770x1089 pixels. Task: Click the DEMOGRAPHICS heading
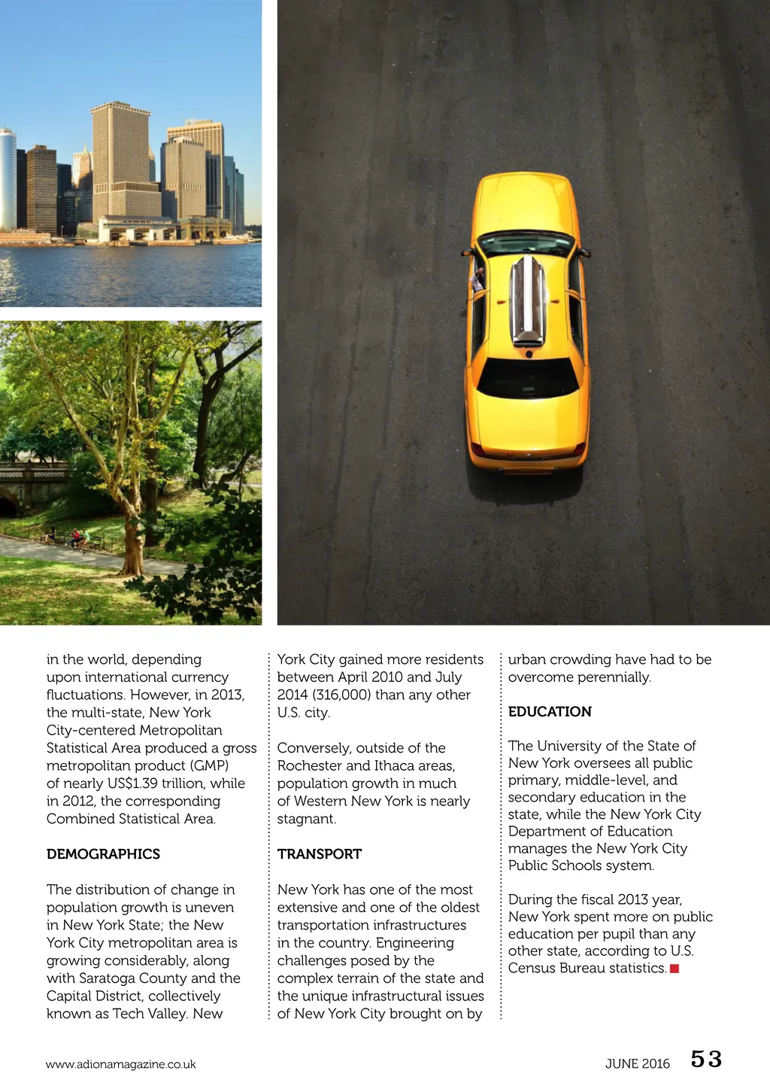tap(103, 854)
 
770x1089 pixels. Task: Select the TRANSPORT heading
tap(319, 854)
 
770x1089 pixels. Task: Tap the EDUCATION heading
tap(550, 712)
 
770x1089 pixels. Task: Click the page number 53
tap(706, 1060)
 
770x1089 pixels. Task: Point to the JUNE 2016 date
tap(637, 1063)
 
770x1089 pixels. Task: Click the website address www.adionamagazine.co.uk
tap(120, 1064)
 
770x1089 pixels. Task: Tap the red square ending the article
tap(675, 969)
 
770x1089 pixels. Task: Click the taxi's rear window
tap(528, 379)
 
